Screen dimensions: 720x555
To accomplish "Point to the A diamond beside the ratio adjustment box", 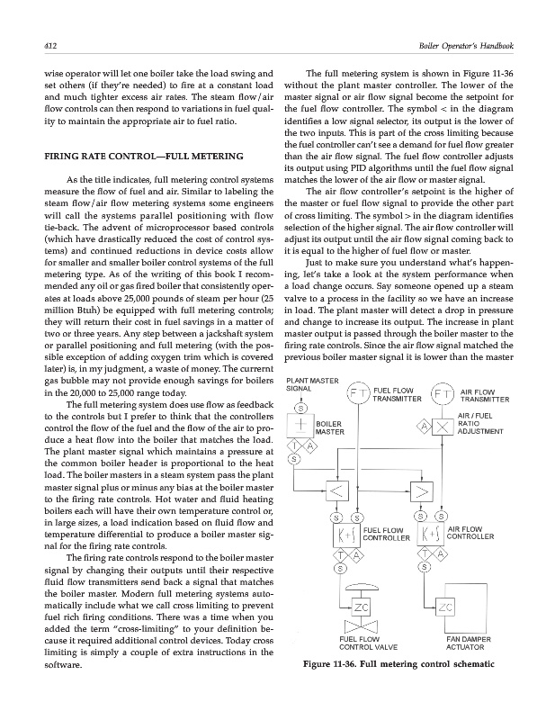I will click(421, 424).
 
